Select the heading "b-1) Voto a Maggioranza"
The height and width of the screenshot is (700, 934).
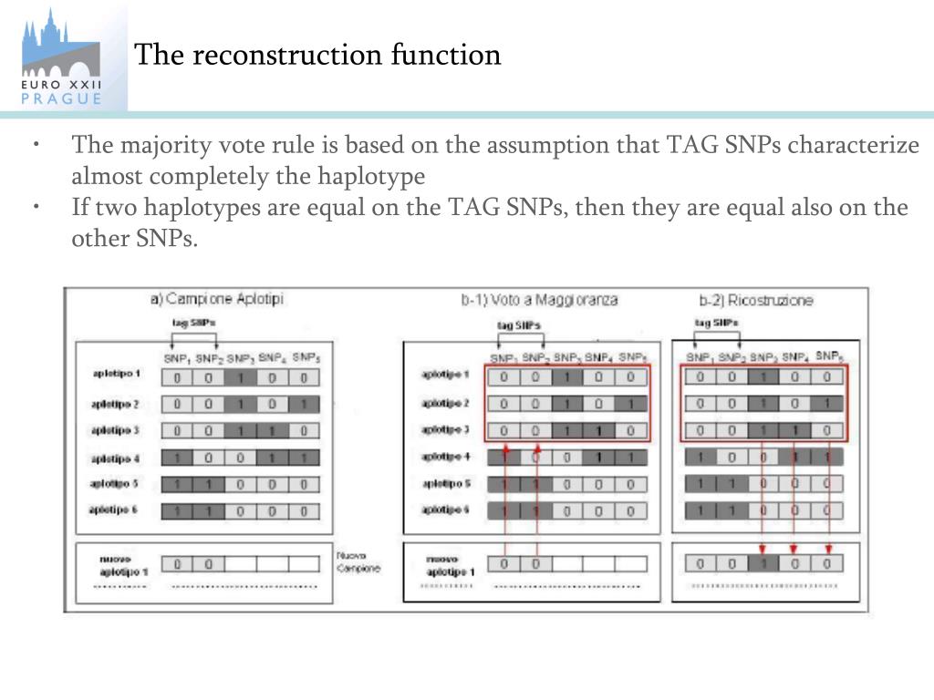pos(539,299)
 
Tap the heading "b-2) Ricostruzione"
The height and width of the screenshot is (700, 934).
pos(756,299)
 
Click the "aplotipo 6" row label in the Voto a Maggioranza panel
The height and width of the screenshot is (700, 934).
pos(446,510)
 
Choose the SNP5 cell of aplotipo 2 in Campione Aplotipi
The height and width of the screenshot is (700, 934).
pos(306,404)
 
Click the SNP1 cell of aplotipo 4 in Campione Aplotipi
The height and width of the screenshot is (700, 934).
pos(177,458)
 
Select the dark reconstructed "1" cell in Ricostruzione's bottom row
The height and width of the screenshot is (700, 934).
pos(763,564)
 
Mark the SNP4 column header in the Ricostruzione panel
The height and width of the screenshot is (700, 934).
pos(794,356)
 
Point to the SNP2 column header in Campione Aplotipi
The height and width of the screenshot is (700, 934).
pos(209,357)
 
